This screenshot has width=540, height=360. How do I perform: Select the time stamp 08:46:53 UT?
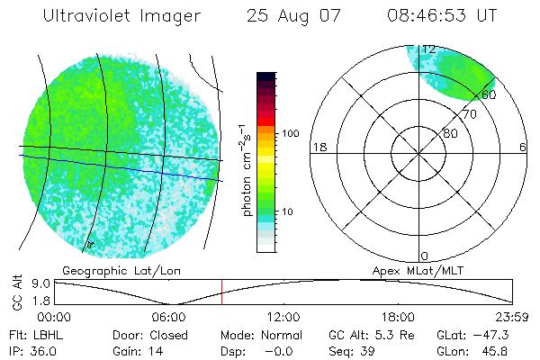point(440,16)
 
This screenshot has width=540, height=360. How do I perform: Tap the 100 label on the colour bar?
point(291,133)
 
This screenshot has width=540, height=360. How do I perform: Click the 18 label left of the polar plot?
point(318,148)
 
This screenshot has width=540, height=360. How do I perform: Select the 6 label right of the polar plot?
point(523,148)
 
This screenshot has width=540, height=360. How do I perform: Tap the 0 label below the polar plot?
point(425,256)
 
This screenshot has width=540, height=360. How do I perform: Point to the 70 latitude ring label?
point(468,114)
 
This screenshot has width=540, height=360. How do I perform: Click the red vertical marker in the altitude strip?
point(221,292)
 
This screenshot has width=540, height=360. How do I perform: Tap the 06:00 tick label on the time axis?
point(168,317)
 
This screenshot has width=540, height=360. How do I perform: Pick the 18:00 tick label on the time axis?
point(398,317)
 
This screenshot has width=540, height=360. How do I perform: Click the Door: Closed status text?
point(148,334)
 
